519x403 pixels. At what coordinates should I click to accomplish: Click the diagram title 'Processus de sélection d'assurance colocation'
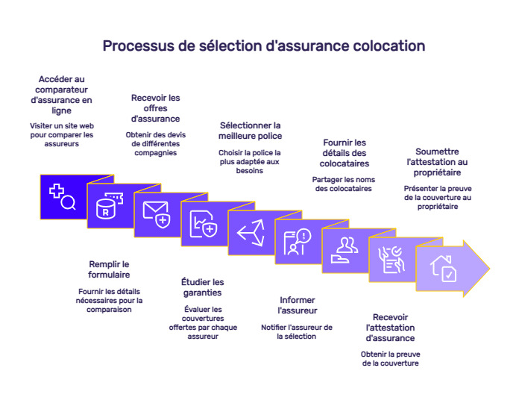[263, 46]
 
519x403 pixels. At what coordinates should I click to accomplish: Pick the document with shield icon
[203, 223]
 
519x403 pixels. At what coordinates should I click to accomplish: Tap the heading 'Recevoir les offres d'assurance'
[155, 108]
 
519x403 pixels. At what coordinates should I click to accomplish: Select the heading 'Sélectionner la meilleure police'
[250, 130]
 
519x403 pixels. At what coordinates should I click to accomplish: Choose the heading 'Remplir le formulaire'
[110, 269]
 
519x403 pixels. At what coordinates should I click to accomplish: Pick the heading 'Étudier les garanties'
[202, 287]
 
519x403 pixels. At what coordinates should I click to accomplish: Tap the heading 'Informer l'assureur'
[297, 304]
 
